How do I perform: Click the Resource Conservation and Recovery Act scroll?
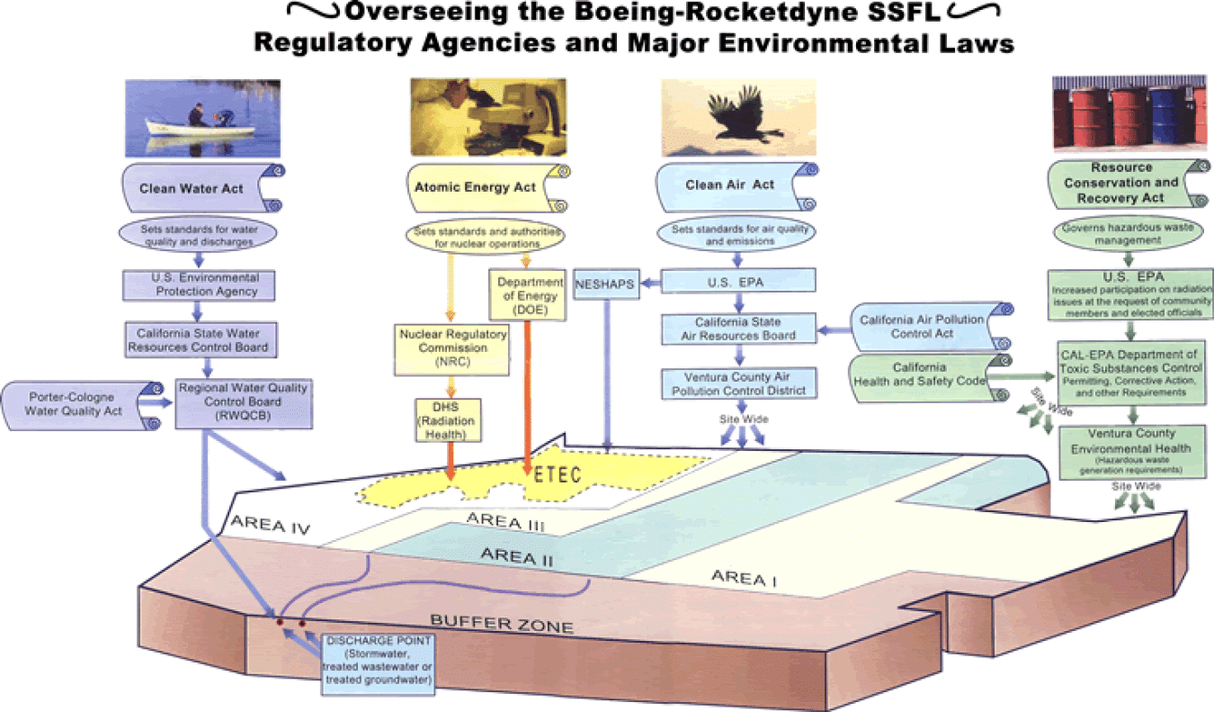coord(1133,183)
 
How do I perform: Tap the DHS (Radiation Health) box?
coord(447,419)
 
